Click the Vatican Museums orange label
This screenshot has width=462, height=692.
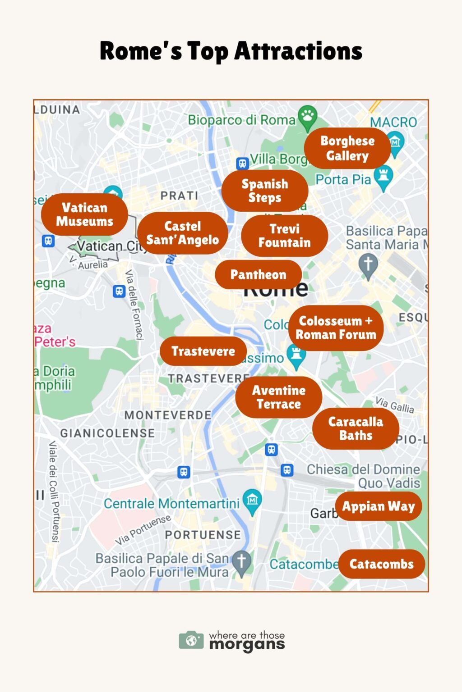click(x=84, y=214)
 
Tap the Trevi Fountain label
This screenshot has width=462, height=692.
click(x=284, y=236)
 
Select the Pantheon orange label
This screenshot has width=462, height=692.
click(x=258, y=274)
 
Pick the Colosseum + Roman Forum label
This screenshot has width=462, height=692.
click(x=336, y=328)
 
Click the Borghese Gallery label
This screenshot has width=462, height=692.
click(x=347, y=148)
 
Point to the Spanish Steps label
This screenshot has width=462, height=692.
click(x=264, y=191)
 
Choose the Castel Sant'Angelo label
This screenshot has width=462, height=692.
click(x=182, y=233)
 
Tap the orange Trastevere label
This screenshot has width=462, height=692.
click(x=203, y=351)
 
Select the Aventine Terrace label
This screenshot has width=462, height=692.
click(x=278, y=397)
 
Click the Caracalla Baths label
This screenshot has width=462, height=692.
click(x=356, y=428)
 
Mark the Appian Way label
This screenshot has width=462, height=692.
click(x=378, y=506)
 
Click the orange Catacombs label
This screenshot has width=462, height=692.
click(x=381, y=564)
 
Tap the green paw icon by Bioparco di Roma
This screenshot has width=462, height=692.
click(x=308, y=115)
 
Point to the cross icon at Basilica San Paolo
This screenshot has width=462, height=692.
click(x=242, y=561)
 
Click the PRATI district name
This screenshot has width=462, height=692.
click(x=179, y=196)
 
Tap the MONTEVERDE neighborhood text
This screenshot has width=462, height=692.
click(x=168, y=415)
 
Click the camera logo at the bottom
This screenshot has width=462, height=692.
click(x=191, y=640)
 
